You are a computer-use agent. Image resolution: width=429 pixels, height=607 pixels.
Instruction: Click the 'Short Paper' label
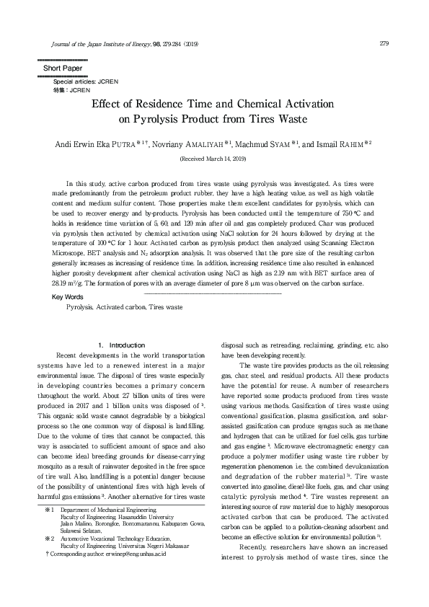[63, 68]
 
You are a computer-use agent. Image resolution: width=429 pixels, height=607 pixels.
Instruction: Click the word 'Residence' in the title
[187, 103]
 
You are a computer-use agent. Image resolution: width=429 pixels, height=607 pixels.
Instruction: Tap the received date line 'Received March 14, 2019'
[213, 158]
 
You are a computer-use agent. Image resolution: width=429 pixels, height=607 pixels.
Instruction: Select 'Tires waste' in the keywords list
[166, 307]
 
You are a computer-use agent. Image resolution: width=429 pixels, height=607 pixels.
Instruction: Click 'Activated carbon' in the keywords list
[120, 307]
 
